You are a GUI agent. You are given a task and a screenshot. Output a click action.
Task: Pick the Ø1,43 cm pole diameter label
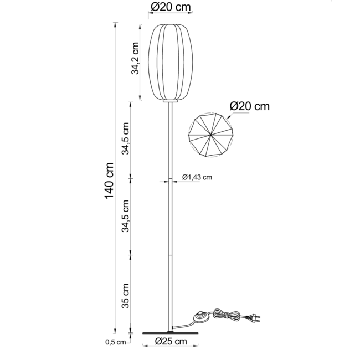coord(198,177)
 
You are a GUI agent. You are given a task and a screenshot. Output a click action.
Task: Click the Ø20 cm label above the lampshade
coord(171,7)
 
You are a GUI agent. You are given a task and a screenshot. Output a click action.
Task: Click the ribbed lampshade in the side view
coord(171,62)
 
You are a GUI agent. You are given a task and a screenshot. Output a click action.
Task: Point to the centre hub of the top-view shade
coord(211,135)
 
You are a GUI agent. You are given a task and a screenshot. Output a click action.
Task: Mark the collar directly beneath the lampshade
coord(170,102)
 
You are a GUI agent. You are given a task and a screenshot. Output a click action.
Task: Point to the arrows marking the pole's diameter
coord(170,181)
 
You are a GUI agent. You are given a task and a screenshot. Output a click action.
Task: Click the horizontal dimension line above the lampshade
coord(171,17)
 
